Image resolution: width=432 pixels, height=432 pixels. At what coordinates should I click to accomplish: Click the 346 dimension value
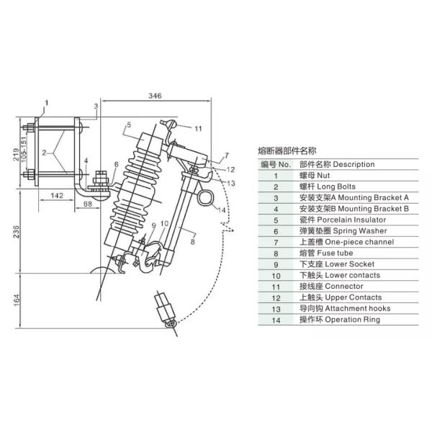(x=154, y=95)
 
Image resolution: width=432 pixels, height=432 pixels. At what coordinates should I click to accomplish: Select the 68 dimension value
(x=87, y=204)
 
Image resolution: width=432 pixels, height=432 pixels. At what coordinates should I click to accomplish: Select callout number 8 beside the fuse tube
(x=192, y=243)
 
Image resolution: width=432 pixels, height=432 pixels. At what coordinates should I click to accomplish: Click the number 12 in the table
(x=275, y=297)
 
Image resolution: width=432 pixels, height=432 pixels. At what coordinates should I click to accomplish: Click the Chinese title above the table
(x=287, y=151)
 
